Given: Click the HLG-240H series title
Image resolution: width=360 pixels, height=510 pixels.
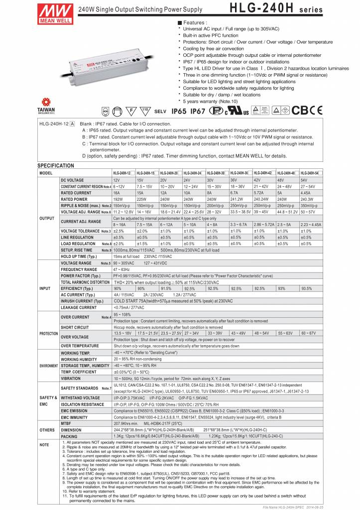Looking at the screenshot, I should coord(276,9).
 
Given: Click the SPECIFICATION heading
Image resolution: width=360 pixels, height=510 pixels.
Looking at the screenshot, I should coord(56,166).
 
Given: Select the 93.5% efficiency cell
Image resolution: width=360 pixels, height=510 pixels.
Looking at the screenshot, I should coord(306,288).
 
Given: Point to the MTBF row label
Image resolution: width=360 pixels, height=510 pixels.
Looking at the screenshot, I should coord(66,423).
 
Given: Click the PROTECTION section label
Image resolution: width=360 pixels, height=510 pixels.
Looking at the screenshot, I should coord(49,334).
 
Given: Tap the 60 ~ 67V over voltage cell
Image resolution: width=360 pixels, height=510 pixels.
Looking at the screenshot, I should coord(309,332).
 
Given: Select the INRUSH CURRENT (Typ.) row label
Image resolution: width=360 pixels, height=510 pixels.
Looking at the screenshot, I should coord(82,301).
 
